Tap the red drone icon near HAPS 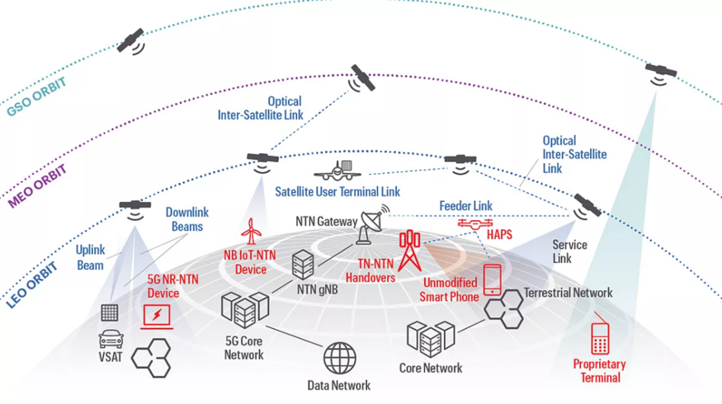(x=474, y=223)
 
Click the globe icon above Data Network (x=339, y=359)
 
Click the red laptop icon (x=157, y=315)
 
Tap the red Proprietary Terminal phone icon (x=600, y=339)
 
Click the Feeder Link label (x=465, y=204)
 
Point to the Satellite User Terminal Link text (x=337, y=191)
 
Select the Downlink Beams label (x=186, y=218)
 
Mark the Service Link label (x=569, y=251)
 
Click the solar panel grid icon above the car (x=110, y=313)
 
